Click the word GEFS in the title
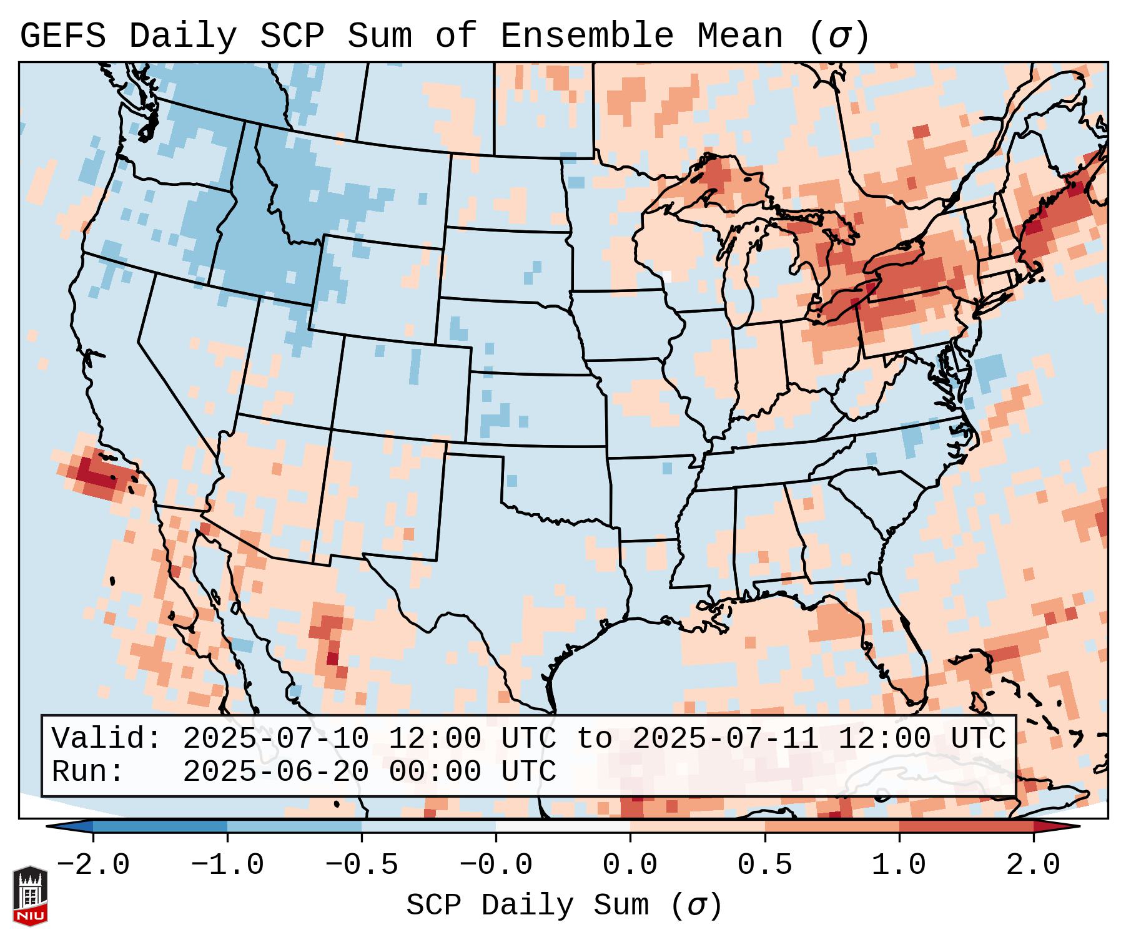pyautogui.click(x=63, y=36)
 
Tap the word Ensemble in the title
pyautogui.click(x=587, y=36)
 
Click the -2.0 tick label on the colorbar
pyautogui.click(x=93, y=865)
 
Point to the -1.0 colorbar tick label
pyautogui.click(x=227, y=865)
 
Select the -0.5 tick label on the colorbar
pyautogui.click(x=362, y=865)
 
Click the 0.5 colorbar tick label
pyautogui.click(x=764, y=865)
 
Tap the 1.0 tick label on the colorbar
pyautogui.click(x=899, y=865)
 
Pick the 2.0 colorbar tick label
pyautogui.click(x=1034, y=865)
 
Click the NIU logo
pyautogui.click(x=30, y=896)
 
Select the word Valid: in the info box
pyautogui.click(x=107, y=739)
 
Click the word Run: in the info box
pyautogui.click(x=88, y=772)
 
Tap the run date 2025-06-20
pyautogui.click(x=275, y=772)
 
